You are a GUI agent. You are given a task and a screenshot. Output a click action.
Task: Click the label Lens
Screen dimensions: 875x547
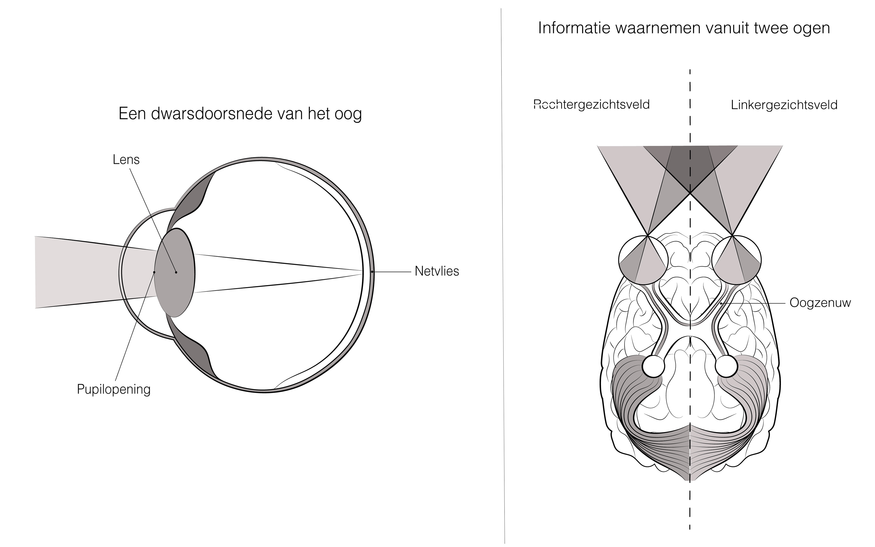126,160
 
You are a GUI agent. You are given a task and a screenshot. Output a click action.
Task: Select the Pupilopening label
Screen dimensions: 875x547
113,389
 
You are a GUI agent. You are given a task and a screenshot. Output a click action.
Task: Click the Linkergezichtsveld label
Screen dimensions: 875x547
784,105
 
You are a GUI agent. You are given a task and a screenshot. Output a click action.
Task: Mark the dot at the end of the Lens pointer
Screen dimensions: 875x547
176,272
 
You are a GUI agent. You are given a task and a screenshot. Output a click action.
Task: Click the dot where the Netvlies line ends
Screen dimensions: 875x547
372,271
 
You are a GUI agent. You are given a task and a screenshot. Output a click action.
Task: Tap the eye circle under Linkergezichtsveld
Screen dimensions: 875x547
736,260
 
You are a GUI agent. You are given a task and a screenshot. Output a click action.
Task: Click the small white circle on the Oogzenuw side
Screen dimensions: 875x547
726,366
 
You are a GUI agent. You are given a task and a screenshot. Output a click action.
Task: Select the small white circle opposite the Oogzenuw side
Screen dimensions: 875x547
653,366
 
